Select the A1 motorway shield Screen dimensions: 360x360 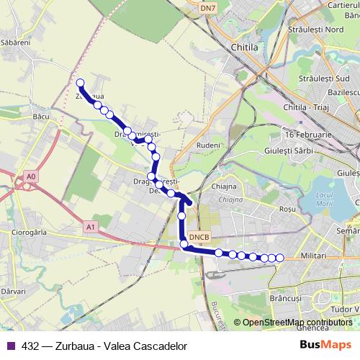click(91, 227)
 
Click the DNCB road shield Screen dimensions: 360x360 click(199, 237)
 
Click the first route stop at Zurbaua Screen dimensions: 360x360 click(81, 83)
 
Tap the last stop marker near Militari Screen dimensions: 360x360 click(279, 258)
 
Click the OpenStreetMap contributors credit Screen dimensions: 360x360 click(297, 323)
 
